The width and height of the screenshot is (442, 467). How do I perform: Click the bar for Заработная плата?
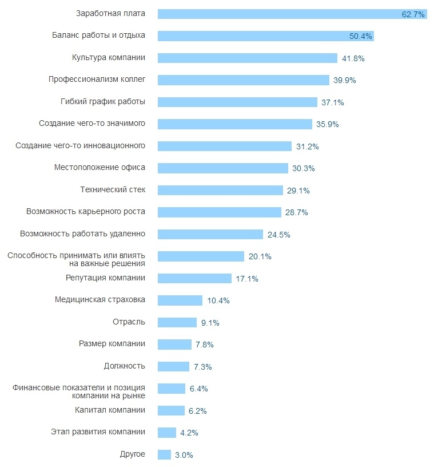pyautogui.click(x=280, y=14)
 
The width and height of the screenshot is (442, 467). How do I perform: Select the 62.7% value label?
pyautogui.click(x=413, y=14)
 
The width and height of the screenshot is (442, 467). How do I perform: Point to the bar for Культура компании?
pyautogui.click(x=247, y=58)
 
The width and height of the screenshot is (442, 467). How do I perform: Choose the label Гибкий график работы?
pyautogui.click(x=103, y=101)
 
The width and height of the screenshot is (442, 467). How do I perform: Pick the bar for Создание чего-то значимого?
pyautogui.click(x=234, y=124)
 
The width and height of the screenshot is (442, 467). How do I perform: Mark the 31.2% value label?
pyautogui.click(x=308, y=147)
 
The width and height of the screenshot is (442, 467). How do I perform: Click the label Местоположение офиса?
pyautogui.click(x=99, y=167)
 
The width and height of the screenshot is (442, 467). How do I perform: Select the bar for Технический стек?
pyautogui.click(x=220, y=190)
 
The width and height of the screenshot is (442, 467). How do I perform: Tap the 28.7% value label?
pyautogui.click(x=297, y=212)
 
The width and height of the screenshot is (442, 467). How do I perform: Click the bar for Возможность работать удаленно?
pyautogui.click(x=210, y=234)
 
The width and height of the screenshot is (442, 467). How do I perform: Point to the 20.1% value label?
pyautogui.click(x=260, y=257)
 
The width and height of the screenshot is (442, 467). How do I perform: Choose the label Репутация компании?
pyautogui.click(x=105, y=278)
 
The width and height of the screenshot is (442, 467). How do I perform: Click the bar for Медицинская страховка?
pyautogui.click(x=180, y=300)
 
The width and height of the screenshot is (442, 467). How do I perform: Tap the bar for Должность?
pyautogui.click(x=173, y=366)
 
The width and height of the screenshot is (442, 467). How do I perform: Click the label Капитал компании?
pyautogui.click(x=110, y=410)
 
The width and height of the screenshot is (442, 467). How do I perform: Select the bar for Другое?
pyautogui.click(x=164, y=454)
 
